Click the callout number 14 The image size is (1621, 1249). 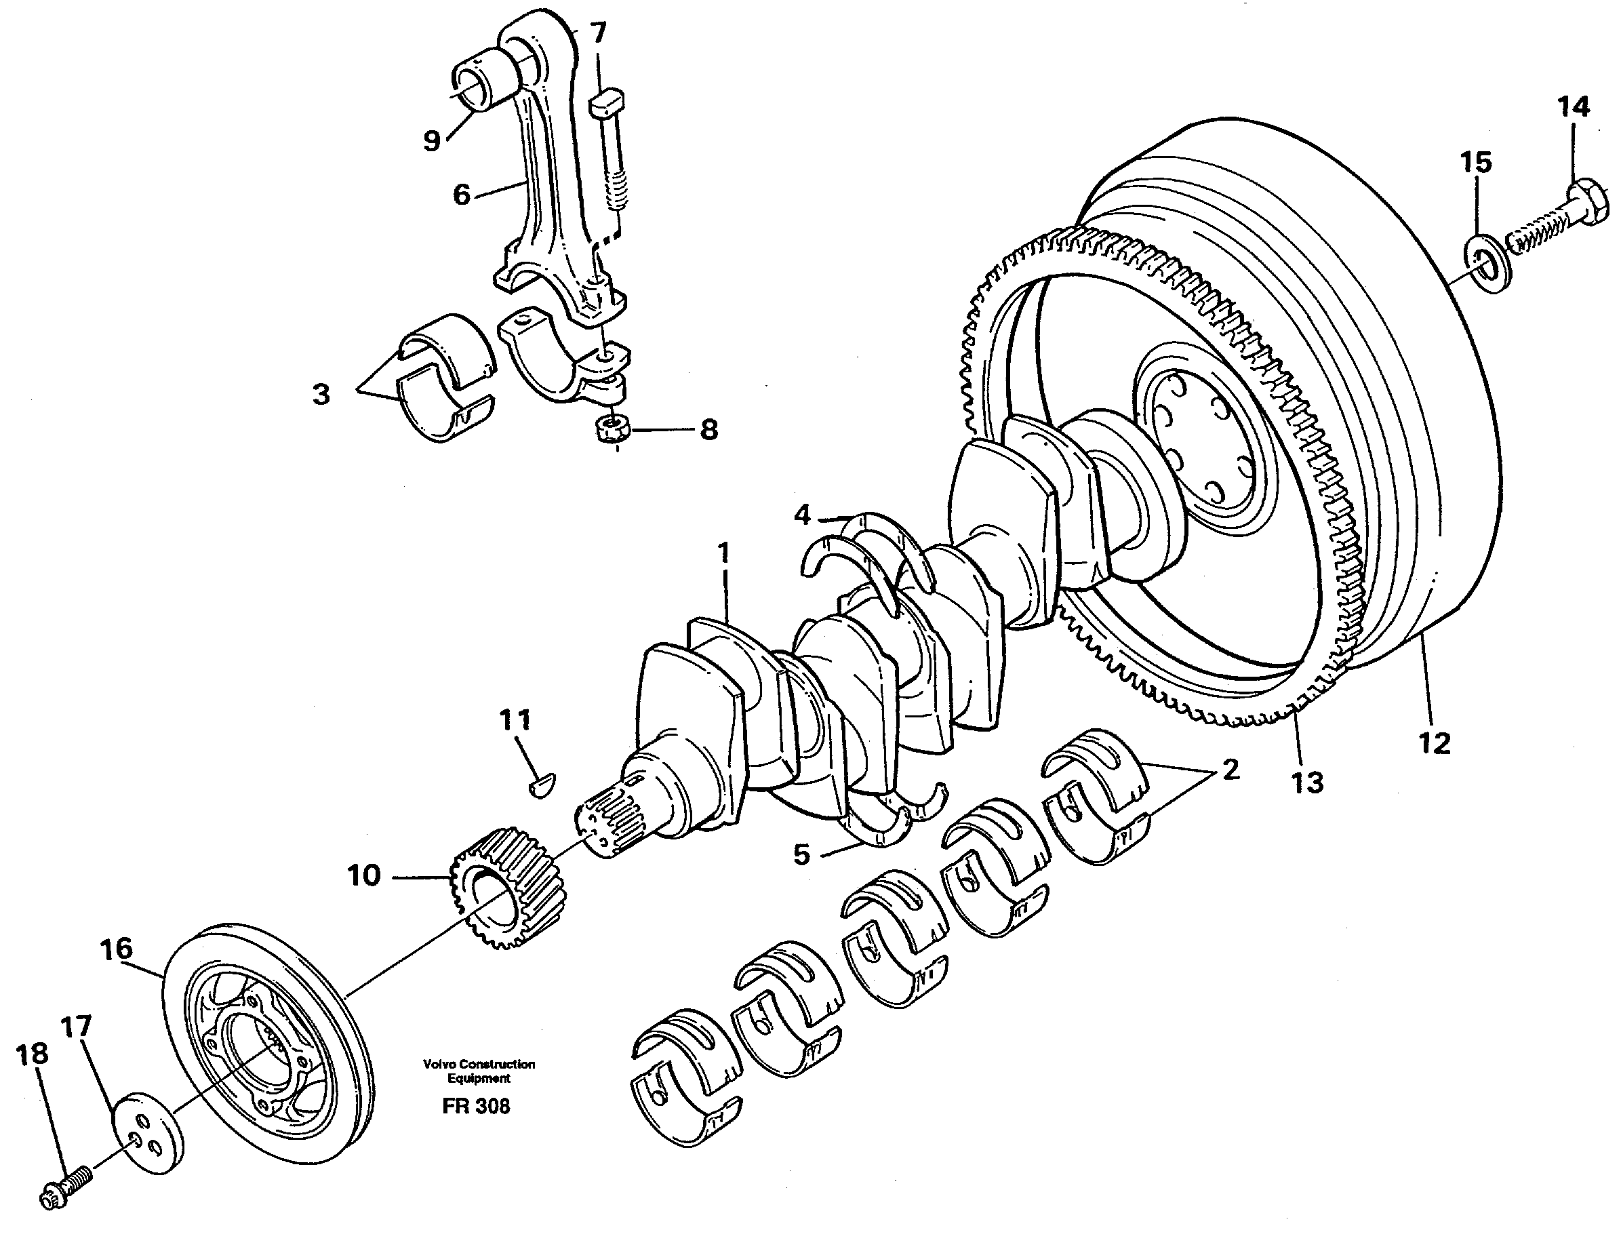click(1574, 108)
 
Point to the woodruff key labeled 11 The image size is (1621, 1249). click(544, 784)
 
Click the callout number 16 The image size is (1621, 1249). click(117, 949)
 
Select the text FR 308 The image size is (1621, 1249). click(476, 1107)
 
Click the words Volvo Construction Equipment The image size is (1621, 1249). click(479, 1071)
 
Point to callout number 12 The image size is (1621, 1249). click(1433, 743)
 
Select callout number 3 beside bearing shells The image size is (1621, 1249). click(321, 394)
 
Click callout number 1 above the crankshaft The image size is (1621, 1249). click(723, 552)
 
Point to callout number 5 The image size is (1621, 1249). click(801, 854)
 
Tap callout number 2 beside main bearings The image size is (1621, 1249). click(1230, 770)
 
